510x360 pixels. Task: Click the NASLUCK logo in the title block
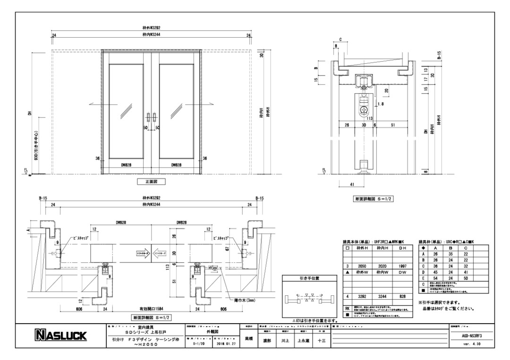[60, 336]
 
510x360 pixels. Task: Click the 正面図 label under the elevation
[151, 181]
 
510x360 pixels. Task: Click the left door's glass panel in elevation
[126, 111]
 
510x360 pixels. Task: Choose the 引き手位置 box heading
[309, 278]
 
